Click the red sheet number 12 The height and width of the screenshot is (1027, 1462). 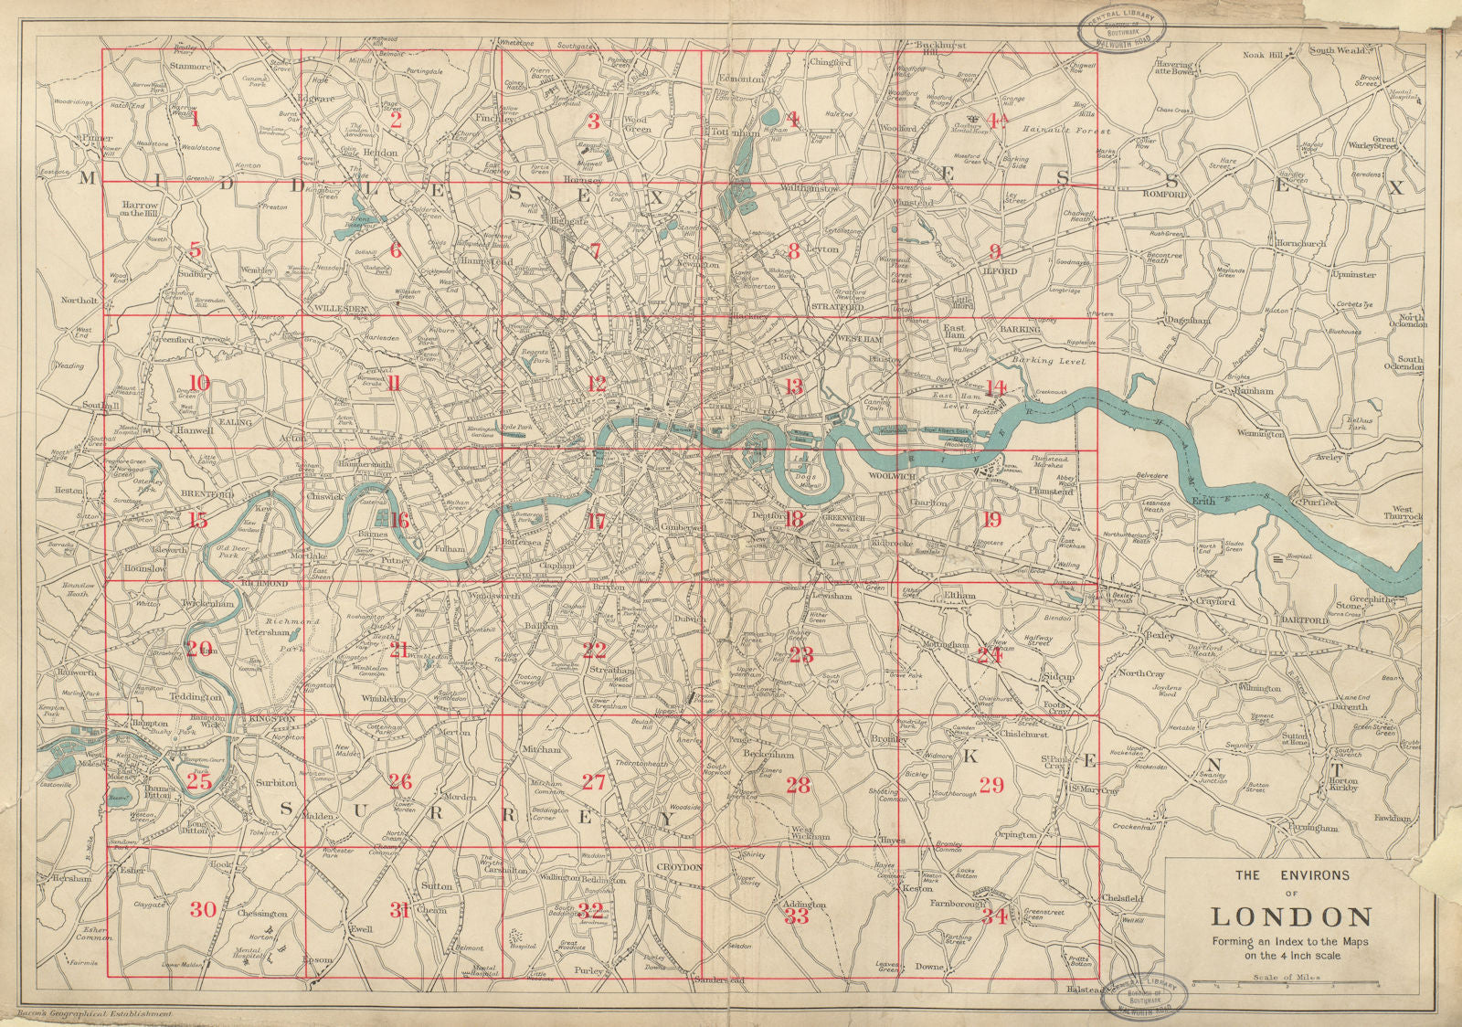(x=597, y=385)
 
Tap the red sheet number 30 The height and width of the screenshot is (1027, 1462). (x=204, y=909)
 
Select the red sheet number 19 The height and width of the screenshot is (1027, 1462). (x=991, y=521)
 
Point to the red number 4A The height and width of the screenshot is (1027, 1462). (x=995, y=120)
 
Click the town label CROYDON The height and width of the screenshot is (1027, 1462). (x=679, y=866)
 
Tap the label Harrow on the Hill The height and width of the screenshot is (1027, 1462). (x=138, y=209)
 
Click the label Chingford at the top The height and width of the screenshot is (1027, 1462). (x=829, y=62)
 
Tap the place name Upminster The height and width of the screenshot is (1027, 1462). (x=1355, y=274)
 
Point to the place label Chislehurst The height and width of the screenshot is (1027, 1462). (x=1022, y=734)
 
